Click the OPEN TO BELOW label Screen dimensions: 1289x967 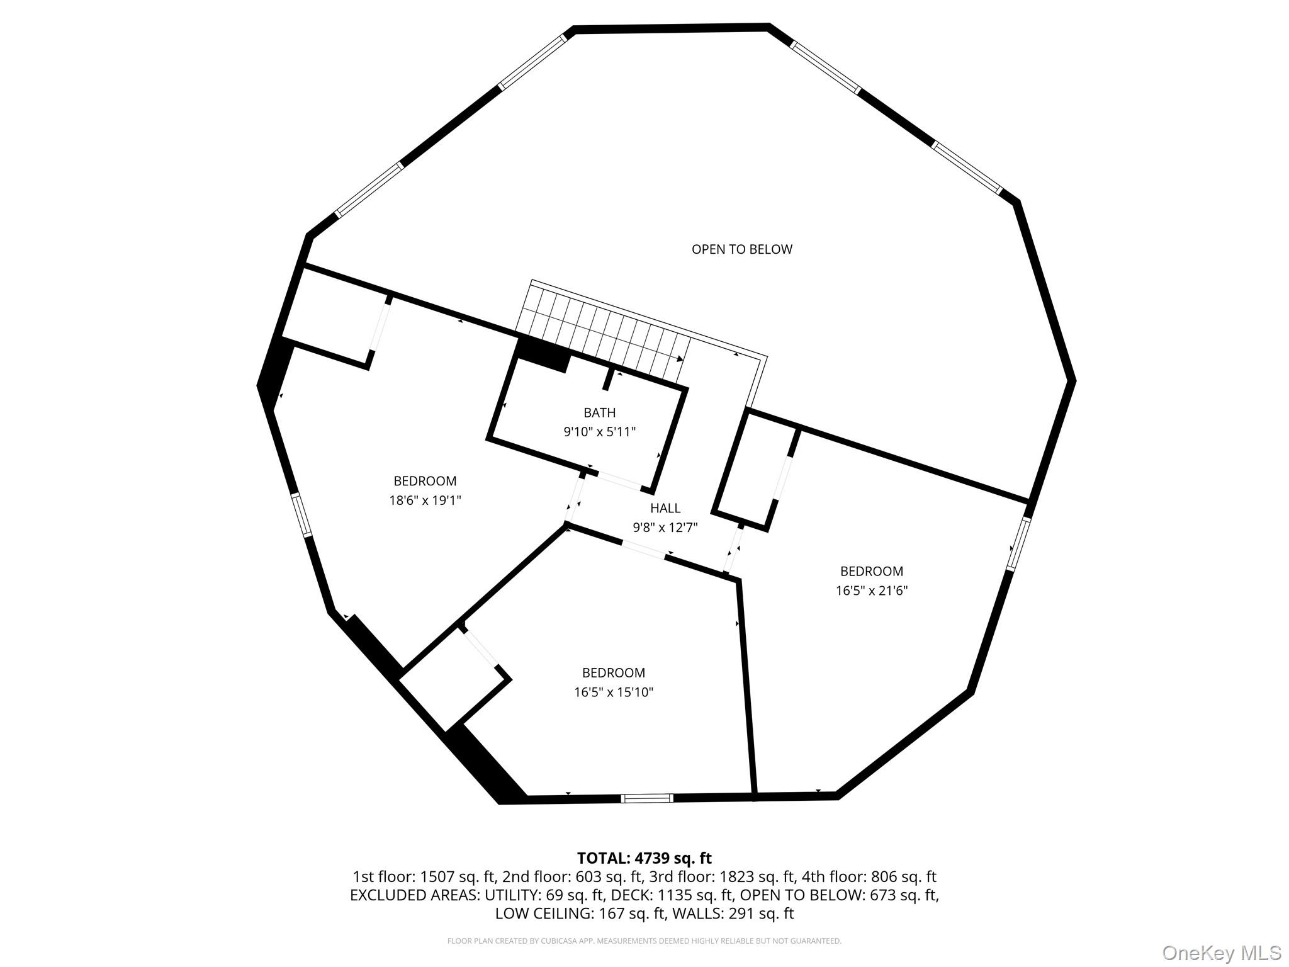pyautogui.click(x=741, y=249)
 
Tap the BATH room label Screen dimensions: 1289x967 pyautogui.click(x=599, y=413)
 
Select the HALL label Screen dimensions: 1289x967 pyautogui.click(x=665, y=508)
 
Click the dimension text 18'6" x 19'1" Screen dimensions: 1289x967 pyautogui.click(x=425, y=500)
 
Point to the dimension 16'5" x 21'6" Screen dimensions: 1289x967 pyautogui.click(x=872, y=591)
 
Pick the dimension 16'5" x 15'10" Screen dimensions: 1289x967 pyautogui.click(x=614, y=693)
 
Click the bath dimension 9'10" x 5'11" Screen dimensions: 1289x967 pyautogui.click(x=599, y=432)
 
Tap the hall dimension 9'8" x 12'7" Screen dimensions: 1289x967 pyautogui.click(x=665, y=528)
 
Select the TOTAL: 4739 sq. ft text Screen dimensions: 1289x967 pyautogui.click(x=644, y=858)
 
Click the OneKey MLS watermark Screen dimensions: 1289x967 pyautogui.click(x=1221, y=953)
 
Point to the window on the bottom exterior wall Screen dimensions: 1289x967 pyautogui.click(x=647, y=798)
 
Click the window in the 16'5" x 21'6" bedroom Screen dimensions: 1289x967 pyautogui.click(x=1018, y=544)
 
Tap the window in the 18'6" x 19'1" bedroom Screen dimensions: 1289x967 pyautogui.click(x=301, y=514)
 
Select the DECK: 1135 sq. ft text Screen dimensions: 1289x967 pyautogui.click(x=672, y=895)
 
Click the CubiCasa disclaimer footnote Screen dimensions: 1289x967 pyautogui.click(x=644, y=941)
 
